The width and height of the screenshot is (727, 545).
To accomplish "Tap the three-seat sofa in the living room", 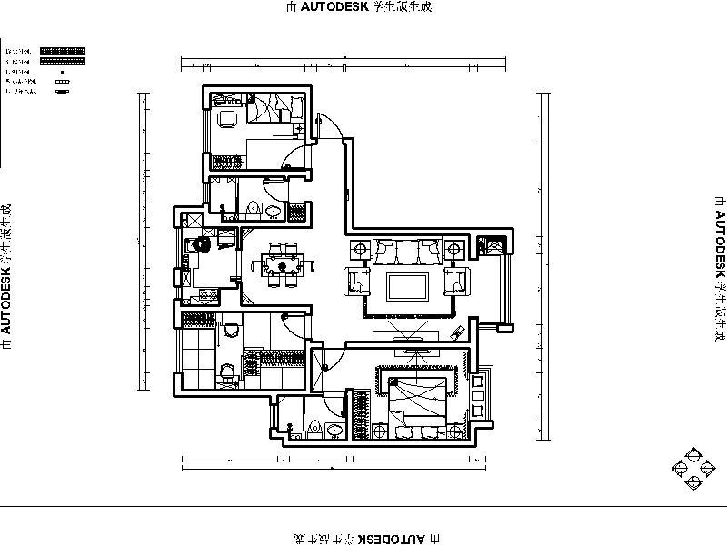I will [x=406, y=249].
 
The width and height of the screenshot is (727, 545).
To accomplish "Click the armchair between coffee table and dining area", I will [x=357, y=281].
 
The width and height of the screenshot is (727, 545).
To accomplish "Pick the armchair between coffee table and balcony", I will [x=456, y=281].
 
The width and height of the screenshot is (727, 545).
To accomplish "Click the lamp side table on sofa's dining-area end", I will [x=357, y=247].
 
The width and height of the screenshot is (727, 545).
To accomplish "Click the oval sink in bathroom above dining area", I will [x=271, y=211].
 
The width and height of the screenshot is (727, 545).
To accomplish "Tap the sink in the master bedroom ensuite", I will [x=335, y=430].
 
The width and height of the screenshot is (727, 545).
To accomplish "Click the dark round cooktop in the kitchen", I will [x=204, y=244].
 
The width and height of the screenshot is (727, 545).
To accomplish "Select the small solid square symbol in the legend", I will [x=61, y=71].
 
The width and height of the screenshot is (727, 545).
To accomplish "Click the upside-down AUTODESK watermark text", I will [x=363, y=538].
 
